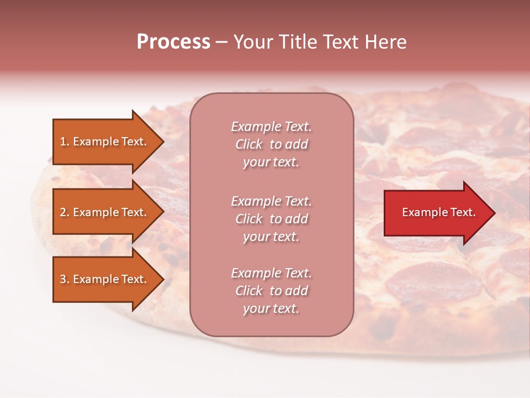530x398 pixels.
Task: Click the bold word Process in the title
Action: [173, 42]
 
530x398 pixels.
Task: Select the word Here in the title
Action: [386, 42]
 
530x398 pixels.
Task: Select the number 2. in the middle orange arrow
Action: [65, 212]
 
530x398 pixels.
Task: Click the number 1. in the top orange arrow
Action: [65, 142]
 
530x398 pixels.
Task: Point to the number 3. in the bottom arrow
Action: [65, 279]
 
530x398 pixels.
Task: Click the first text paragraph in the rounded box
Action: [271, 144]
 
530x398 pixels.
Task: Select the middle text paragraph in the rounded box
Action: [271, 219]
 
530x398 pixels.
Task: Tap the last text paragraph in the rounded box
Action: [271, 291]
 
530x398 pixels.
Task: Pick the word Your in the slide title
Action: [251, 42]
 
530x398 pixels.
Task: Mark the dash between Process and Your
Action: [221, 43]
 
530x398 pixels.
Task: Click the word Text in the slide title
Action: [337, 42]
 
